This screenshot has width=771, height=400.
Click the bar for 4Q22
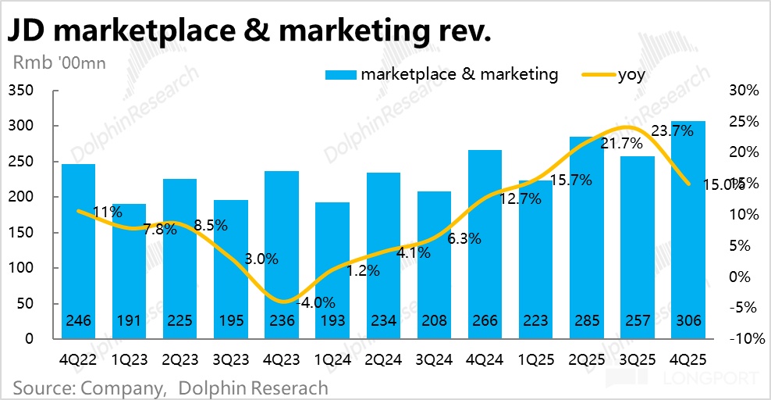(78, 250)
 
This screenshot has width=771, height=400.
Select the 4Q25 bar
(688, 230)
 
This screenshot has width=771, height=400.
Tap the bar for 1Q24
(332, 270)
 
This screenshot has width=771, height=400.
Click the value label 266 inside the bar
(484, 321)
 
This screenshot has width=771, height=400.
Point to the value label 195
(230, 321)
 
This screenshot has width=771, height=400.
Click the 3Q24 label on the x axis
(434, 362)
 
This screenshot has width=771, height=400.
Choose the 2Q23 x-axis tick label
(179, 362)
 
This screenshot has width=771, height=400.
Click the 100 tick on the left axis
(21, 268)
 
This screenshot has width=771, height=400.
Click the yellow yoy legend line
(597, 75)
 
